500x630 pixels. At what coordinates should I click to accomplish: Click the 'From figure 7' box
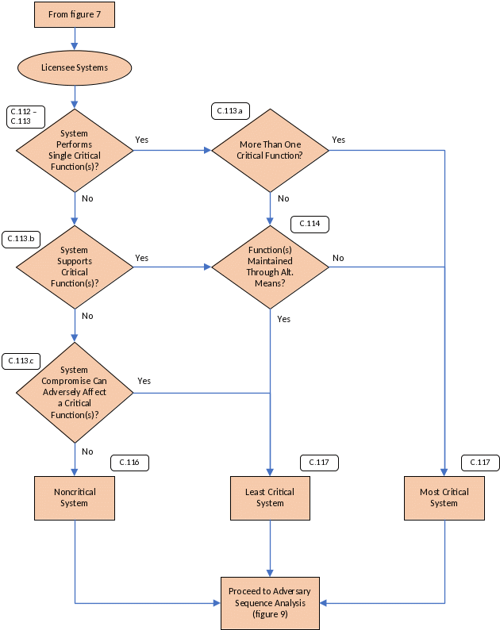tap(75, 14)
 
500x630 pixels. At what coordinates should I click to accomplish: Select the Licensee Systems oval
tap(75, 67)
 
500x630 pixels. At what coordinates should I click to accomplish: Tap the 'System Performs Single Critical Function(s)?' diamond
tap(75, 150)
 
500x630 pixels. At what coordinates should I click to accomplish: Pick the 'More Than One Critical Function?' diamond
tap(270, 150)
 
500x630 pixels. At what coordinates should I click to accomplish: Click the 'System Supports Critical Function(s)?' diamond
tap(75, 267)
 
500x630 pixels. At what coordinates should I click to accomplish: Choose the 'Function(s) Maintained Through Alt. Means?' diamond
tap(270, 267)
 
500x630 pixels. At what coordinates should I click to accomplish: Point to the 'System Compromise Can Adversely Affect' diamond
tap(75, 392)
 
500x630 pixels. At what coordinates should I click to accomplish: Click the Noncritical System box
tap(75, 497)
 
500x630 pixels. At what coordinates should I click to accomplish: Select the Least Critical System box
tap(270, 497)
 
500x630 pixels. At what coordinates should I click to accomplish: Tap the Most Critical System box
tap(444, 497)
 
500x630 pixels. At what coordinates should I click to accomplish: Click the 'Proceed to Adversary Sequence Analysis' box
tap(270, 603)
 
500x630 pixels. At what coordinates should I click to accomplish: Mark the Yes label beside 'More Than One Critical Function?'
tap(339, 140)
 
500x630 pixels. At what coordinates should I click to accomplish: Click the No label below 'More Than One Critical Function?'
tap(283, 198)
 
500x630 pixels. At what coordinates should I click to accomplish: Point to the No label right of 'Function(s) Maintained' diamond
tap(338, 259)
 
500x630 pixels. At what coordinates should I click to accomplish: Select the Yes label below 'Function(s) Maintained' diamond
tap(283, 319)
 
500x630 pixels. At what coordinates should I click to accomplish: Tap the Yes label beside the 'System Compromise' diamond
tap(144, 382)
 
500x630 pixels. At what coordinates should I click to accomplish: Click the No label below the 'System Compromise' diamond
tap(87, 451)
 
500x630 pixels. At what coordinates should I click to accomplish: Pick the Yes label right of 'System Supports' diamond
tap(143, 259)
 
